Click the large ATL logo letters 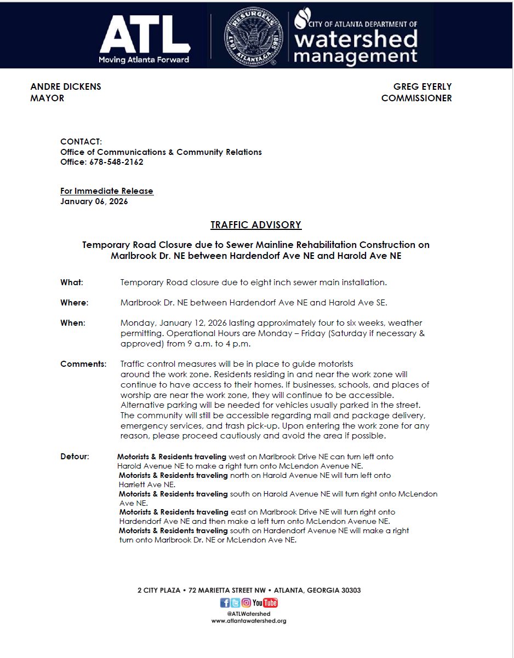click(144, 35)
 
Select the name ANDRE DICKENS click(66, 86)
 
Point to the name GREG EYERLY click(422, 86)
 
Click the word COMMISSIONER click(416, 98)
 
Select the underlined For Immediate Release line click(107, 191)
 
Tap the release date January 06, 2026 click(94, 201)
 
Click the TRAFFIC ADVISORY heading click(256, 225)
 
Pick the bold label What click(71, 282)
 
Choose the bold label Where click(74, 303)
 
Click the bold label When click(73, 323)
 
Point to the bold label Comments click(83, 364)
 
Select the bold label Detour click(75, 457)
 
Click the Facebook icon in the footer click(225, 603)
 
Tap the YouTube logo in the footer click(265, 603)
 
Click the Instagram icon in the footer click(246, 603)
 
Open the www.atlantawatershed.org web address click(249, 621)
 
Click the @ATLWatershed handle click(249, 614)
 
